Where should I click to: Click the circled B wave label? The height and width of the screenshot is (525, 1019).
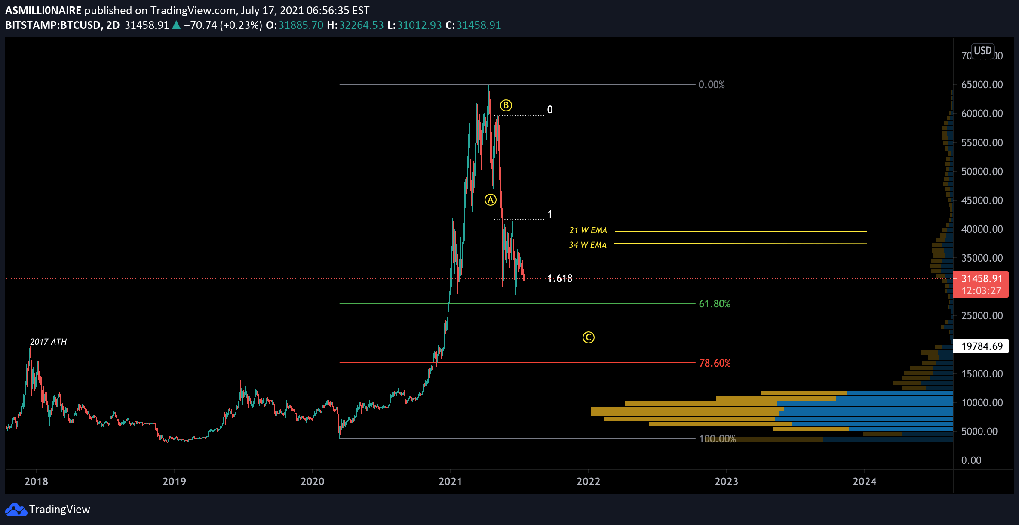coord(506,105)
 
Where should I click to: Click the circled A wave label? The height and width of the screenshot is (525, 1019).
coord(491,200)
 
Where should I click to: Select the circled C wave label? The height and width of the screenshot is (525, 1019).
coord(588,337)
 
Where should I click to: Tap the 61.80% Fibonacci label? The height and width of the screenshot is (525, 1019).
coord(715,304)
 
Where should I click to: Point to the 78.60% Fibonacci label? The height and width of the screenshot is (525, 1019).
coord(715,363)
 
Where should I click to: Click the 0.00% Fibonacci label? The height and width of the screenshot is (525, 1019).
coord(712,85)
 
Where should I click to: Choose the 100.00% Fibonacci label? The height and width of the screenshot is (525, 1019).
coord(718,439)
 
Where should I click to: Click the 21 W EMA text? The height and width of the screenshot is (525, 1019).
coord(588,231)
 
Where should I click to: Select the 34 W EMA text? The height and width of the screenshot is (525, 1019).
coord(587,245)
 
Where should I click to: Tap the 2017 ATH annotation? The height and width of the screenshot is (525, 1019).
coord(48,342)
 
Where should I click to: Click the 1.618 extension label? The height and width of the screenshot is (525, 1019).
coord(560,278)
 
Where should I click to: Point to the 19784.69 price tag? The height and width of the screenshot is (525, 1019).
coord(982,346)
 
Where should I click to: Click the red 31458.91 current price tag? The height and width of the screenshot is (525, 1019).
coord(981,284)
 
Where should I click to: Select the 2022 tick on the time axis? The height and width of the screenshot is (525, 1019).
coord(588,481)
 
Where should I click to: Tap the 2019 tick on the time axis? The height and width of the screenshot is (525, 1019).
coord(174,481)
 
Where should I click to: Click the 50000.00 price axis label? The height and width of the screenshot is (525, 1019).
coord(982,172)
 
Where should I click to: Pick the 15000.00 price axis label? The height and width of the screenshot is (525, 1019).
coord(982,374)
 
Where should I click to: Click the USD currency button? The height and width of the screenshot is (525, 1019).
coord(982,51)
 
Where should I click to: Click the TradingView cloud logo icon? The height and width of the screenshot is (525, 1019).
coord(16,510)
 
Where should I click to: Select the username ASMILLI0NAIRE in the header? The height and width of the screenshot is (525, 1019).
coord(43,10)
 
